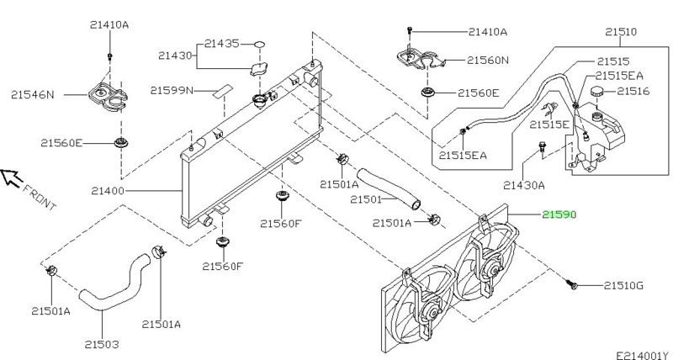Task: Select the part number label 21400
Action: click(x=108, y=191)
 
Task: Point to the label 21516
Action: click(x=633, y=91)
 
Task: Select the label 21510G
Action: click(x=623, y=286)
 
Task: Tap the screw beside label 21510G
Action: click(x=573, y=286)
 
